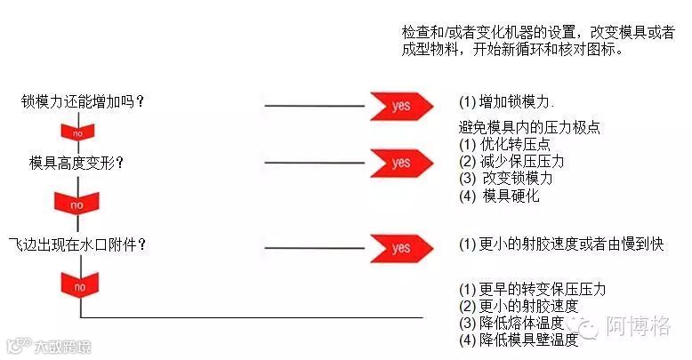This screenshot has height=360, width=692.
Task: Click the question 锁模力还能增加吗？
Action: (x=83, y=100)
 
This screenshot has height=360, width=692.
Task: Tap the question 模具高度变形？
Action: (x=76, y=163)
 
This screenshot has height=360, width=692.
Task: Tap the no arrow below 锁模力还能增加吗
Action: (x=78, y=132)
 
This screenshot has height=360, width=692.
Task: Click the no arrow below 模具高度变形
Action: (x=78, y=204)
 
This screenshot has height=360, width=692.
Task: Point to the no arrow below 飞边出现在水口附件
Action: (x=78, y=286)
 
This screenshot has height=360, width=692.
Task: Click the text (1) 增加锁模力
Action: (x=507, y=100)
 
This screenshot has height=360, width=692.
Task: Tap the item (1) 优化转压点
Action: (x=504, y=145)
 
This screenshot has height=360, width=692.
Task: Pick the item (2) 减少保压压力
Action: (x=511, y=162)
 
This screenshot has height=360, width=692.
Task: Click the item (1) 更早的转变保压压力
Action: (x=532, y=290)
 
